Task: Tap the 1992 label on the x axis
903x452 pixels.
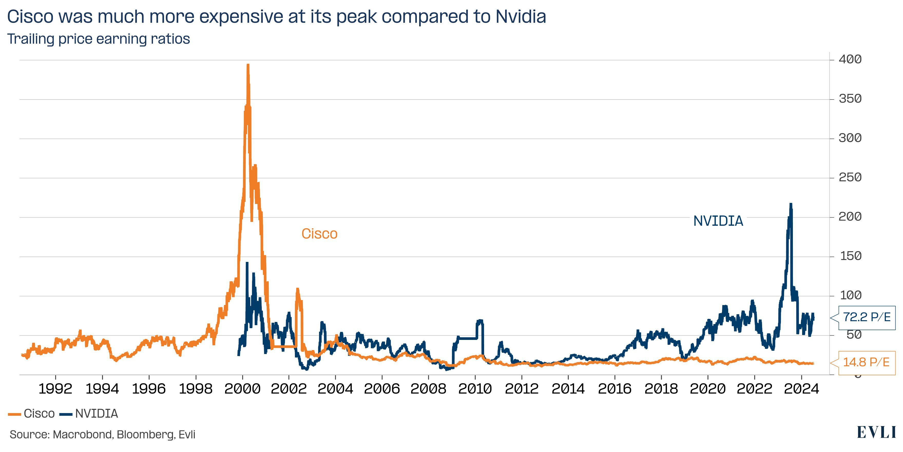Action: click(x=55, y=389)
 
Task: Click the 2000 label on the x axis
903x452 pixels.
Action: click(x=242, y=389)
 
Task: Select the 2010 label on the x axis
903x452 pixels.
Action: click(x=475, y=389)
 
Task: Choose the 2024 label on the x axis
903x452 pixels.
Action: click(x=801, y=389)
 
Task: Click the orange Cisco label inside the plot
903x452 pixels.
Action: click(x=319, y=234)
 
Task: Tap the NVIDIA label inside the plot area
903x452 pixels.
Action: click(x=718, y=221)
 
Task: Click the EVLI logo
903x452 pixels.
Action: click(x=876, y=433)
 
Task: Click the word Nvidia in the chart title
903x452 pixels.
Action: click(x=521, y=17)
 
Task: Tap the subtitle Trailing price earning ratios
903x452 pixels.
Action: click(x=99, y=39)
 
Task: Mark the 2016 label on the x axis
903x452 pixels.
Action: click(x=614, y=389)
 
